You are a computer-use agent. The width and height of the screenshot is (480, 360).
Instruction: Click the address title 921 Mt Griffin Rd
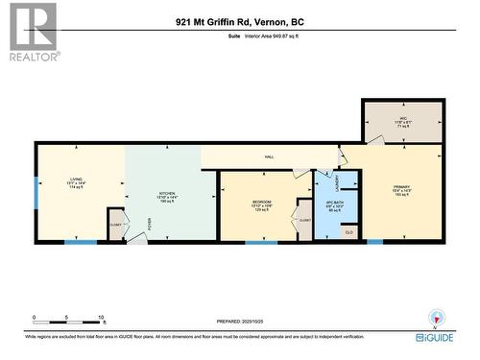(x=239, y=21)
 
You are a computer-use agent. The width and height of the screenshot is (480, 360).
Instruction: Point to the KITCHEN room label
(x=167, y=193)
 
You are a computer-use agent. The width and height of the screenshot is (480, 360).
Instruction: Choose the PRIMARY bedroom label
(x=401, y=187)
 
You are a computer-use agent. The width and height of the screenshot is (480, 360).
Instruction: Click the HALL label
(x=271, y=156)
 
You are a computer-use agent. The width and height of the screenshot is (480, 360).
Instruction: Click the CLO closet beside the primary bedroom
(x=348, y=231)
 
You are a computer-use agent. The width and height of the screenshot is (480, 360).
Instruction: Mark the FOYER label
(x=149, y=223)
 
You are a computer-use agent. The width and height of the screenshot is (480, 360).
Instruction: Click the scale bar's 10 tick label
(x=101, y=317)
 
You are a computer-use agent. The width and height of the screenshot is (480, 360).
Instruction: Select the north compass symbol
(x=438, y=319)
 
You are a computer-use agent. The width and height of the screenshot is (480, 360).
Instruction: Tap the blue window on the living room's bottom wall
(x=81, y=241)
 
